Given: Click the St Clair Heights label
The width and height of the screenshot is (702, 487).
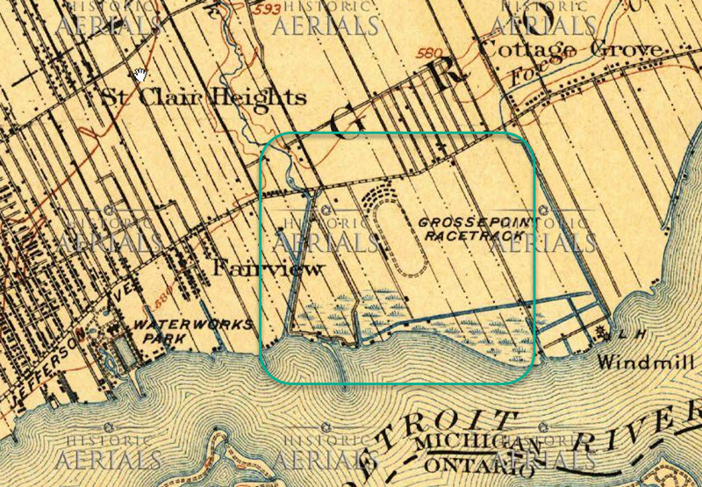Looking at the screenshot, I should (204, 97).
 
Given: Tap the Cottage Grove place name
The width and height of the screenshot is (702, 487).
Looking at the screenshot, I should (571, 49).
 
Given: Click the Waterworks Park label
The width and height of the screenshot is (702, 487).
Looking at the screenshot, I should (170, 331).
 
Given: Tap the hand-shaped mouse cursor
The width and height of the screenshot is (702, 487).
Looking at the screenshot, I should (140, 74).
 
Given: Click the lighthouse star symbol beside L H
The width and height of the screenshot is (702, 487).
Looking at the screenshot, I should (602, 332).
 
